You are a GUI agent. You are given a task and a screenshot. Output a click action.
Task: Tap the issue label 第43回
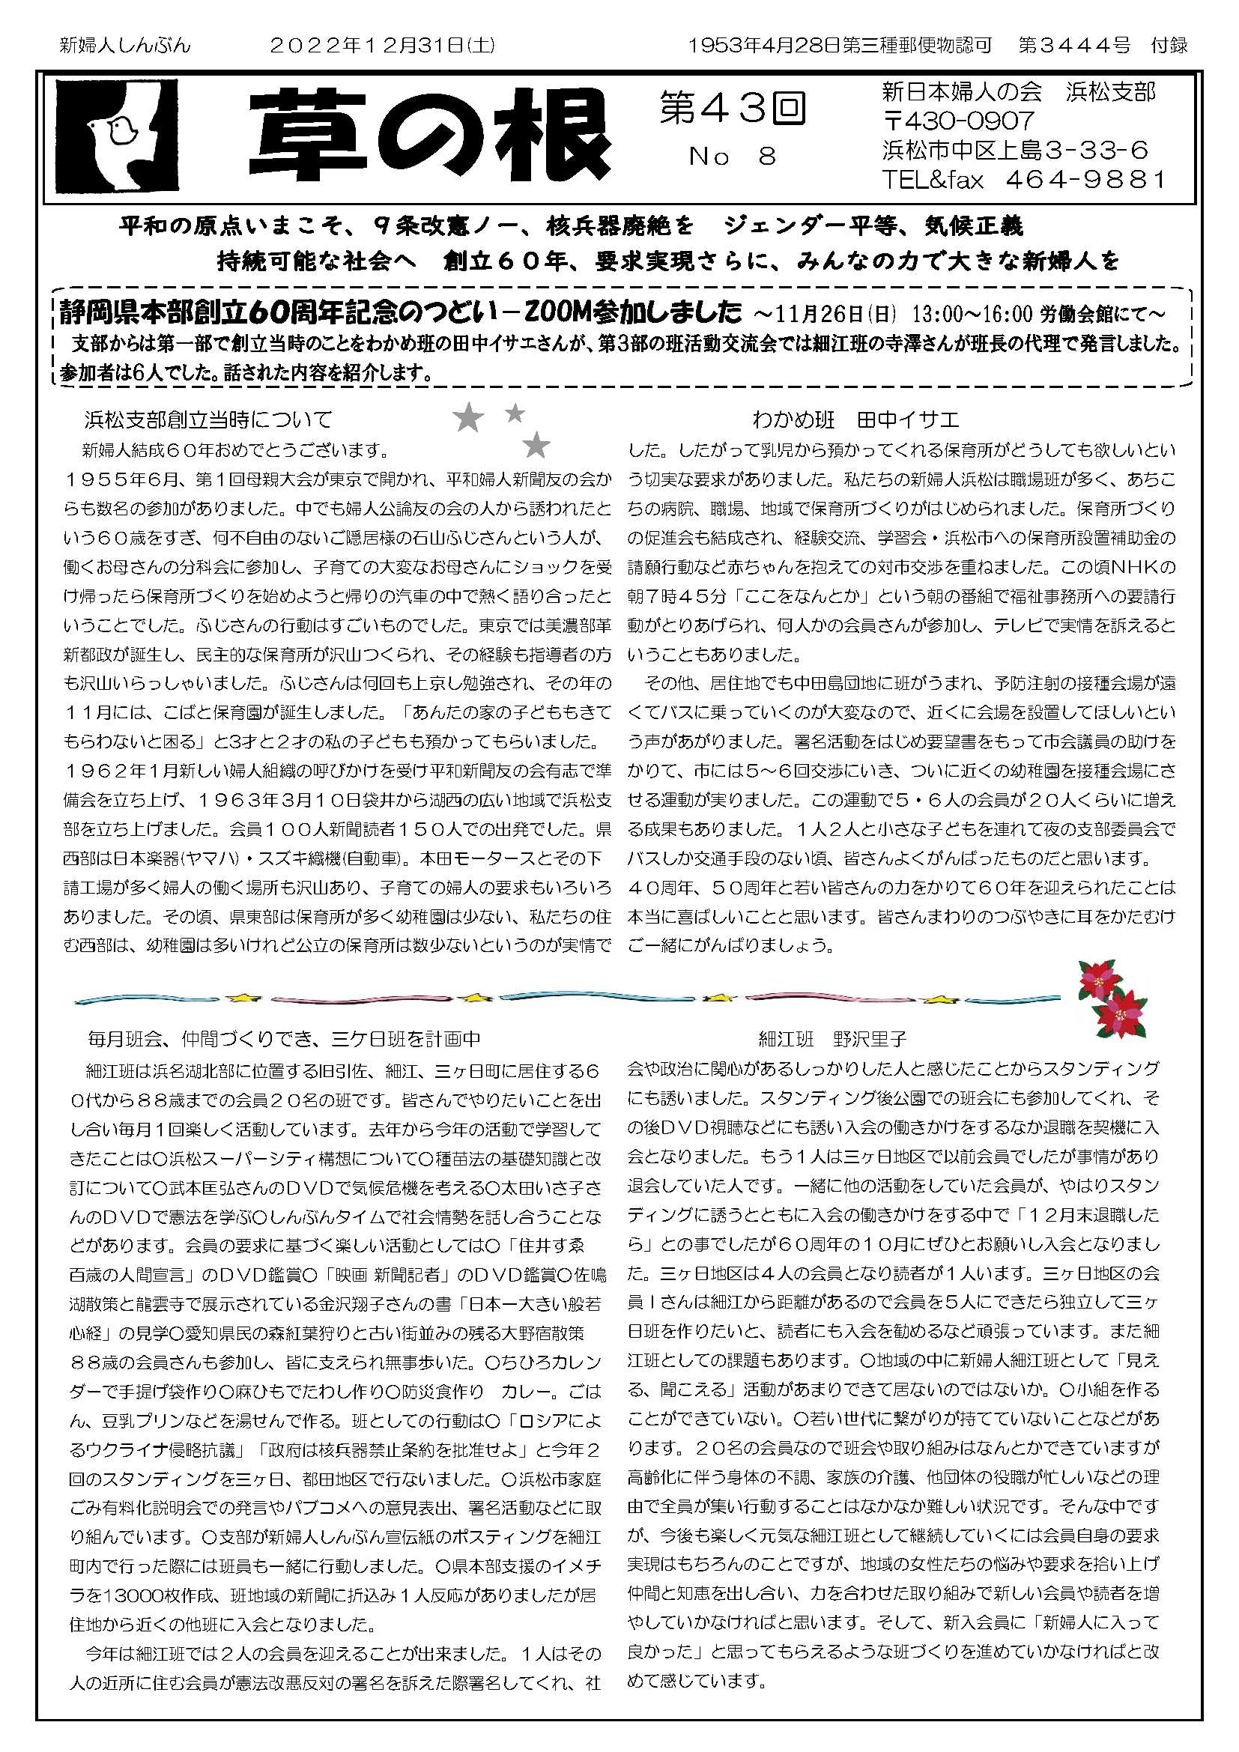(732, 109)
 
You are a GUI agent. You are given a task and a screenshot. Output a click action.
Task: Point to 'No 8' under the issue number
(732, 157)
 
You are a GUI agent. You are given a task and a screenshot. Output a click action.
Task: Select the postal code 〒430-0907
(958, 121)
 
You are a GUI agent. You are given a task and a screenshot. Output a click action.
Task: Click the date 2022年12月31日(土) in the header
(382, 46)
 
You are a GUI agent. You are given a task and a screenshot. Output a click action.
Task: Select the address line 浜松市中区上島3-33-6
(1016, 150)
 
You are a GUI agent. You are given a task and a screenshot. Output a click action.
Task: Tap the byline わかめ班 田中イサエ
(855, 419)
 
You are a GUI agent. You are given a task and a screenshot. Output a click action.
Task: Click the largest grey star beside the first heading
(468, 418)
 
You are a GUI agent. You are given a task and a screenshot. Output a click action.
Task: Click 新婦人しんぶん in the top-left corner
(125, 46)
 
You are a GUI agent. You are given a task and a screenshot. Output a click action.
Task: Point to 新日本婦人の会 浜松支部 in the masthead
(1019, 92)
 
